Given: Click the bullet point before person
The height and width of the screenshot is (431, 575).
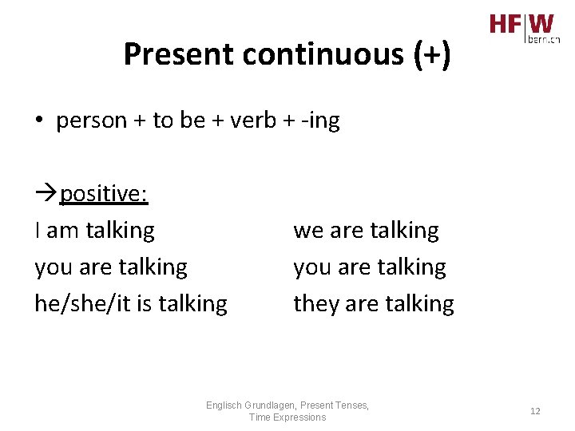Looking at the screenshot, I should (x=39, y=121).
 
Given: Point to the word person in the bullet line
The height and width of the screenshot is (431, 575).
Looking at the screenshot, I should (x=91, y=121).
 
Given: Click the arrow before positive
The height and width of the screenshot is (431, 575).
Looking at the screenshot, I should (x=46, y=194).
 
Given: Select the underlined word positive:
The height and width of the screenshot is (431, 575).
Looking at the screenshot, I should (x=104, y=194).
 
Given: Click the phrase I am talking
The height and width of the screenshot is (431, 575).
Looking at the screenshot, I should (x=94, y=231).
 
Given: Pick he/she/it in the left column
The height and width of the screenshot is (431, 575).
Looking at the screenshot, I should (x=77, y=303).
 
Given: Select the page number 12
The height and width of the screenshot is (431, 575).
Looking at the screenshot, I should (x=535, y=411).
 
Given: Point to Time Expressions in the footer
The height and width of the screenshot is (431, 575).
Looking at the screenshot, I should (x=287, y=417).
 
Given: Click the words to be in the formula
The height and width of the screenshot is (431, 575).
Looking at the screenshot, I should (x=179, y=121).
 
